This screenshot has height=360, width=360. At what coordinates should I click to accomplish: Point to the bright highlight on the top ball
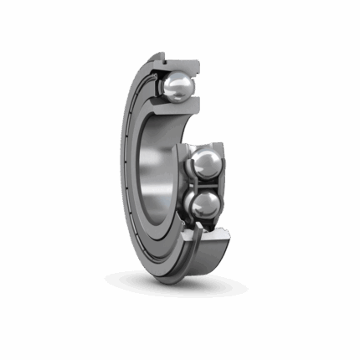176,80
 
